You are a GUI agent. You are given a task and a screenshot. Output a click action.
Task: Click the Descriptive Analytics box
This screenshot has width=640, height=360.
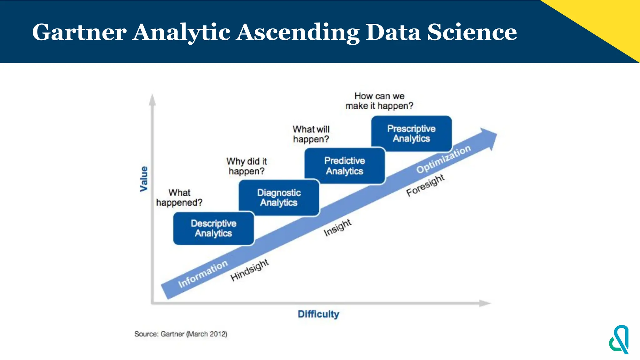(213, 228)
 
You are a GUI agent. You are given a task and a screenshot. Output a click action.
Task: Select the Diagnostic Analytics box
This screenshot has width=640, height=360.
(279, 197)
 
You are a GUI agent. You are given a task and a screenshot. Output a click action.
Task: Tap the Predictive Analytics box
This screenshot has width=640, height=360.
(344, 166)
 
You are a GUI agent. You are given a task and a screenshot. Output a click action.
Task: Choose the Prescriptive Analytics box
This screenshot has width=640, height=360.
(411, 134)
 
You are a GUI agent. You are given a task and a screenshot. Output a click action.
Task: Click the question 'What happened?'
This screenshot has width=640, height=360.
(179, 197)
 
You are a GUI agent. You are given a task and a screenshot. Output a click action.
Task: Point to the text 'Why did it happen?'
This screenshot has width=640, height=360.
(247, 166)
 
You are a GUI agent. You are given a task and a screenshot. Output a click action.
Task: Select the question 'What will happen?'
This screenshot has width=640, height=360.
(311, 134)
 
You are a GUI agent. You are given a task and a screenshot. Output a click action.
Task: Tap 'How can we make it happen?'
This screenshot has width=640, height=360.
(379, 101)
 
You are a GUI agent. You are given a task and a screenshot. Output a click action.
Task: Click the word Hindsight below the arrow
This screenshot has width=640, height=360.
(250, 270)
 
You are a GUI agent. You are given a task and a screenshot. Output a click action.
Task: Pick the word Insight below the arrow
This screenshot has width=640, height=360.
(337, 227)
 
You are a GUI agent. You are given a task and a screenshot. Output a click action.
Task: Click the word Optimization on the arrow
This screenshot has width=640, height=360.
(443, 159)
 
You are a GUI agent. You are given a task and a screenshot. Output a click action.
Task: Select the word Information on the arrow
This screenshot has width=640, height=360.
(203, 274)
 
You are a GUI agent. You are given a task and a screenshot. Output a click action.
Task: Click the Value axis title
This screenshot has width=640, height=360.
(144, 179)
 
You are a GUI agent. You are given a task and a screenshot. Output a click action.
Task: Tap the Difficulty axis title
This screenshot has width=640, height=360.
(318, 314)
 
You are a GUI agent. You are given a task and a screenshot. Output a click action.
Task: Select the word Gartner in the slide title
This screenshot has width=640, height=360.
(79, 32)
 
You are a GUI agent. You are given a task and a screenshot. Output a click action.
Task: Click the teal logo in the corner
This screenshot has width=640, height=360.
(619, 340)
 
